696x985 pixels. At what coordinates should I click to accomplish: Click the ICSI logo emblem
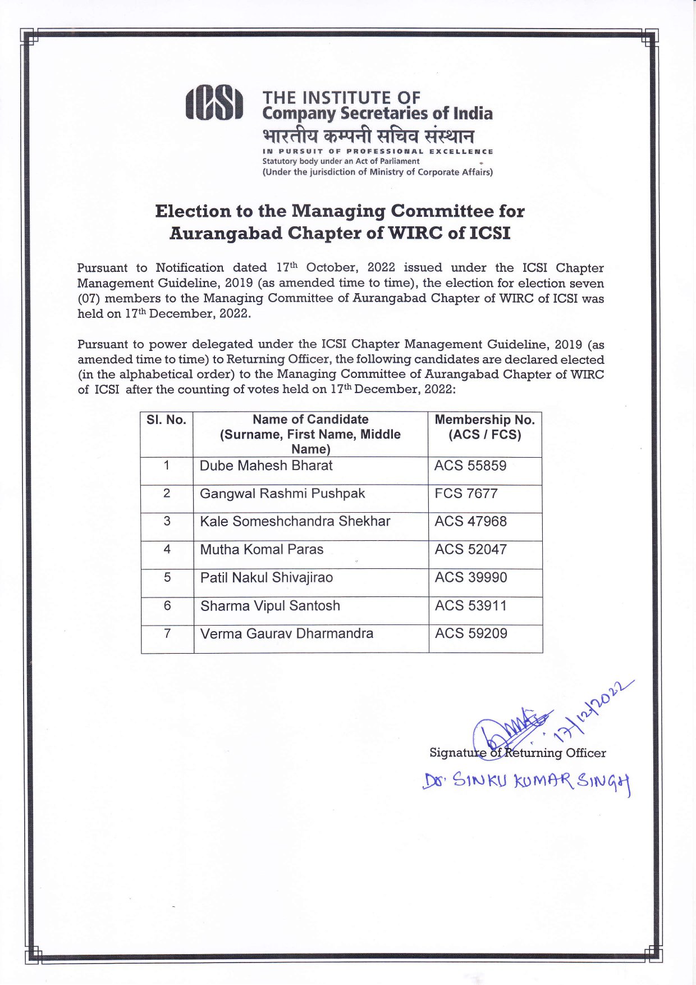pyautogui.click(x=214, y=103)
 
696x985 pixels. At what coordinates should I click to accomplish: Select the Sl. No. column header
pyautogui.click(x=166, y=420)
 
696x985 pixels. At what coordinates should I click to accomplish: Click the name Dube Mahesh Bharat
pyautogui.click(x=266, y=466)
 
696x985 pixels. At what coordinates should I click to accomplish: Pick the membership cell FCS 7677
pyautogui.click(x=466, y=494)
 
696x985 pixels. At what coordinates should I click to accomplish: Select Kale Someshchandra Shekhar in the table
pyautogui.click(x=295, y=521)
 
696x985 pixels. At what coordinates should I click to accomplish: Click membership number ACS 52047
pyautogui.click(x=470, y=549)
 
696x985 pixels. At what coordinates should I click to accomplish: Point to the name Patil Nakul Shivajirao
pyautogui.click(x=266, y=577)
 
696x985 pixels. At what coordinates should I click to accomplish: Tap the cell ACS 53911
pyautogui.click(x=470, y=605)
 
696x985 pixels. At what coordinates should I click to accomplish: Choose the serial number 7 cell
pyautogui.click(x=167, y=633)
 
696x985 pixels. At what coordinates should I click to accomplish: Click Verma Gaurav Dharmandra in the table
pyautogui.click(x=286, y=633)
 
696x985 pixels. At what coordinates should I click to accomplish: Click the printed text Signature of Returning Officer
pyautogui.click(x=517, y=753)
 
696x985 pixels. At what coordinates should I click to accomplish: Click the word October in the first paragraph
pyautogui.click(x=331, y=268)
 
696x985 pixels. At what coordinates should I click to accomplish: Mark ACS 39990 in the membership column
pyautogui.click(x=470, y=577)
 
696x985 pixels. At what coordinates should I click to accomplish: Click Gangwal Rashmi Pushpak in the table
pyautogui.click(x=282, y=494)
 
